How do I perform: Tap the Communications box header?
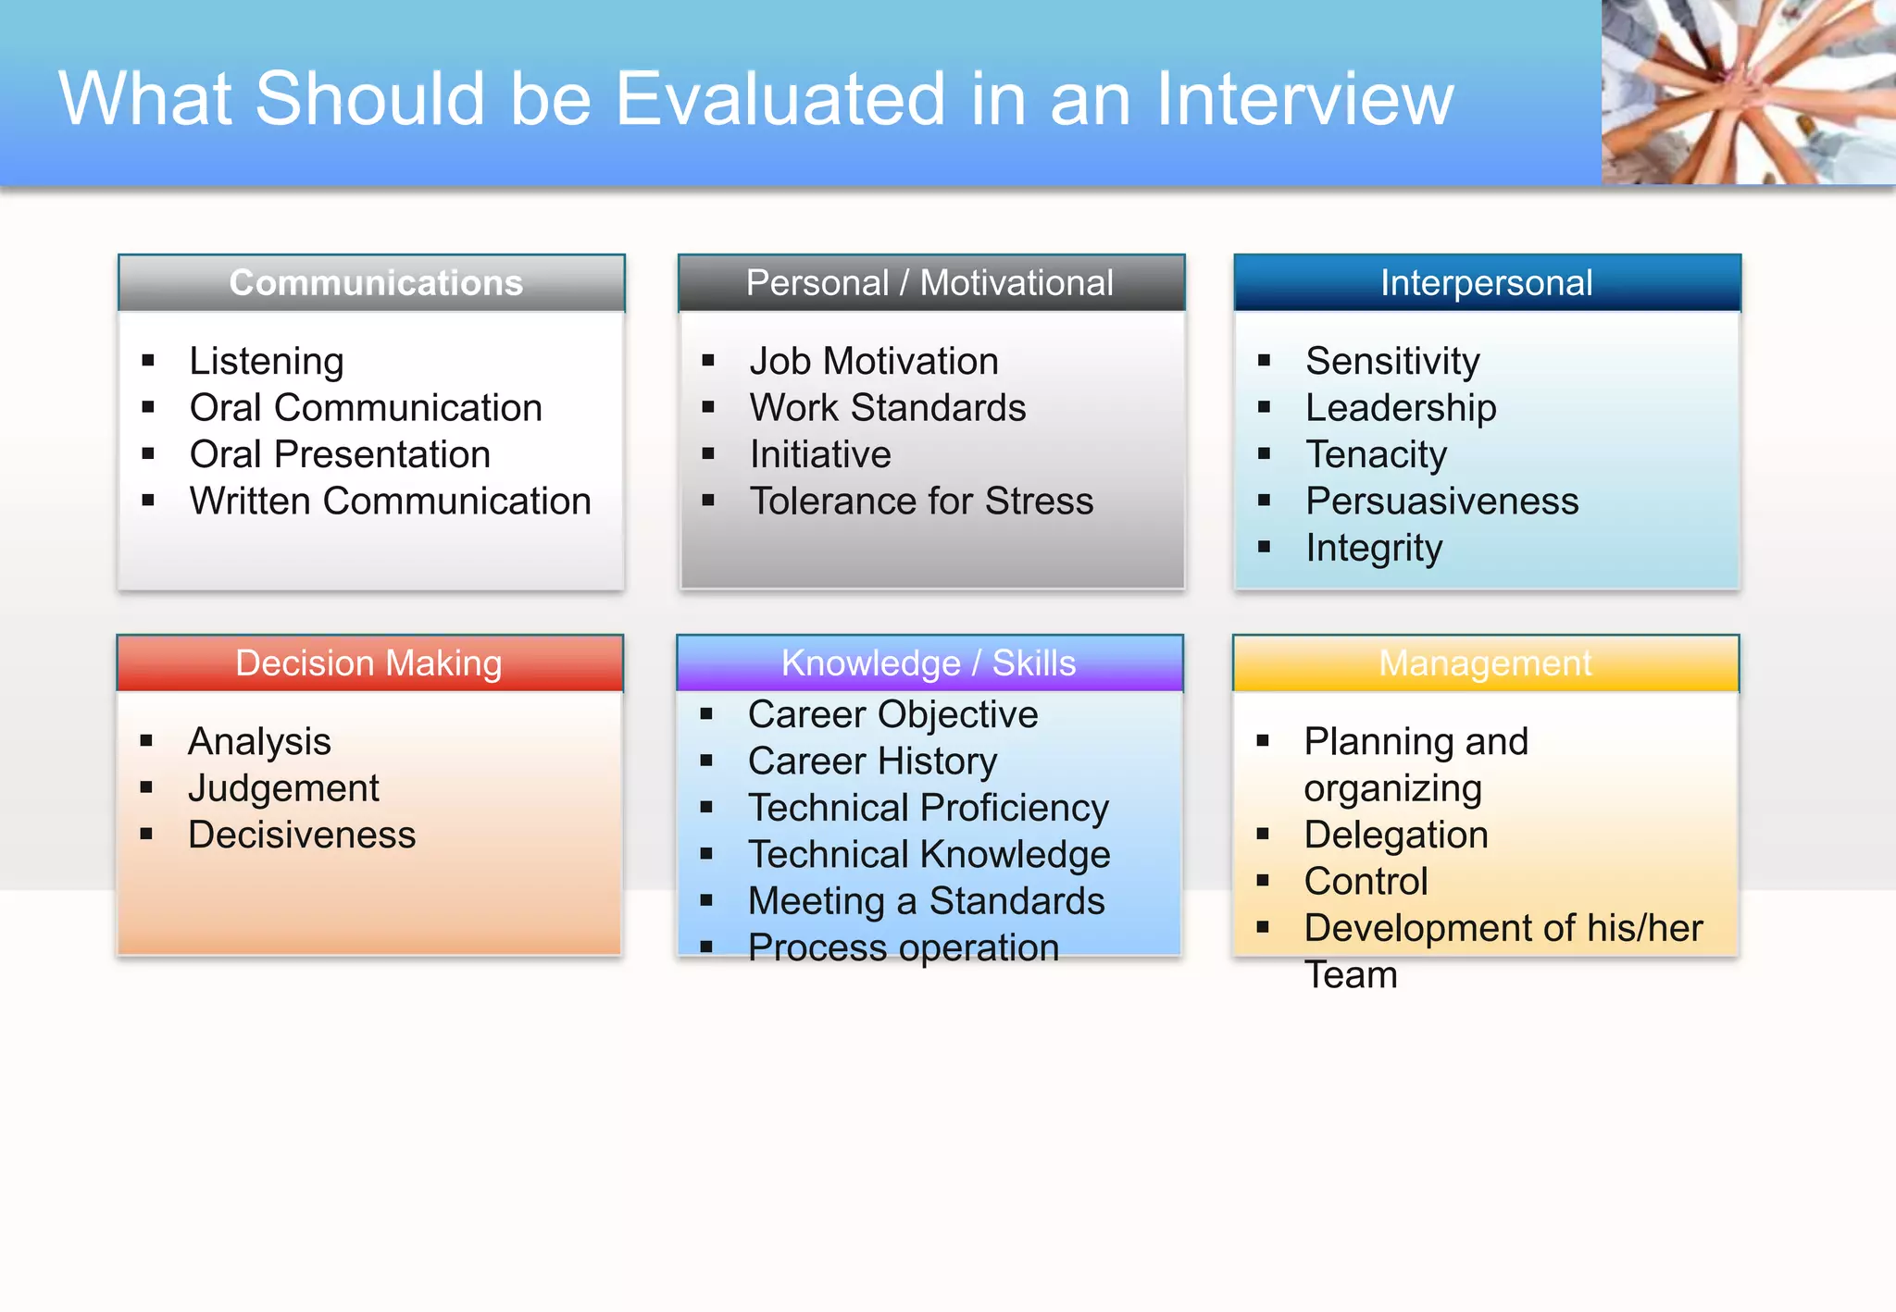pos(376,283)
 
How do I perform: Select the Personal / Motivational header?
pos(929,283)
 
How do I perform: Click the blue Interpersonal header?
pos(1486,283)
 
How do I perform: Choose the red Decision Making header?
pos(368,663)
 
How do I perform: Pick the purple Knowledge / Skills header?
pos(929,663)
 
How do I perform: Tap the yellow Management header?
pos(1485,663)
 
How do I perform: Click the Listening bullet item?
pos(267,362)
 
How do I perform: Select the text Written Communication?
pos(390,501)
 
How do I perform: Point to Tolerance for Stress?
pos(921,501)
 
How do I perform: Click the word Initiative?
pos(820,455)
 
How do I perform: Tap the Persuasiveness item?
pos(1441,501)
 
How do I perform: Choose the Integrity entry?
pos(1374,549)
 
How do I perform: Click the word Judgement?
pos(283,789)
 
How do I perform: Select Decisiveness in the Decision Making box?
pos(302,835)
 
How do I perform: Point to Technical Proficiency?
pos(928,809)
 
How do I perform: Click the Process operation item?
pos(903,948)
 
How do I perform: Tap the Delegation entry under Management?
pos(1395,835)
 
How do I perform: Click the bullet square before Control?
pos(1263,881)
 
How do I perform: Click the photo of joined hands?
pos(1748,93)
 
